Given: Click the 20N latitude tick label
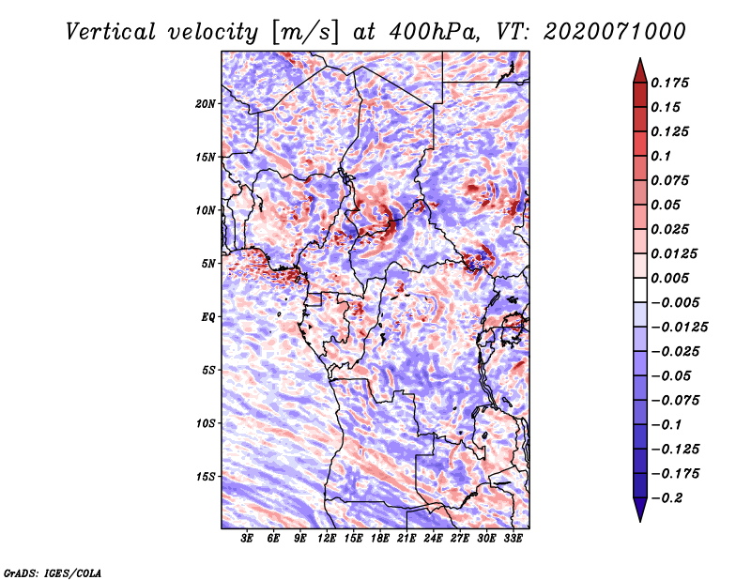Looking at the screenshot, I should [206, 103].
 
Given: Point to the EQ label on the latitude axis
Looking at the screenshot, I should [208, 317].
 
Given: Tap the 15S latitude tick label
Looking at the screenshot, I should [206, 477].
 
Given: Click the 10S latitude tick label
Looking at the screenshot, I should [206, 423].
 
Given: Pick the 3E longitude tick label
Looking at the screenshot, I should [248, 539].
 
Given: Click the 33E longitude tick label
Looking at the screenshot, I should [513, 539].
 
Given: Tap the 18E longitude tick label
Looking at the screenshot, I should [380, 539].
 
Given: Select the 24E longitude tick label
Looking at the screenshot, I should [434, 539].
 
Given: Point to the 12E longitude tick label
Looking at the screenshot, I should [328, 539].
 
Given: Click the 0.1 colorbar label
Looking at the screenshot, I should [662, 156].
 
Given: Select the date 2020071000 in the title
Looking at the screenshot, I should [613, 31].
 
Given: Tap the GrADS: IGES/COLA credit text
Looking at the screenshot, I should [53, 572].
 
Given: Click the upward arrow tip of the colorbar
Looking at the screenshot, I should [638, 61].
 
